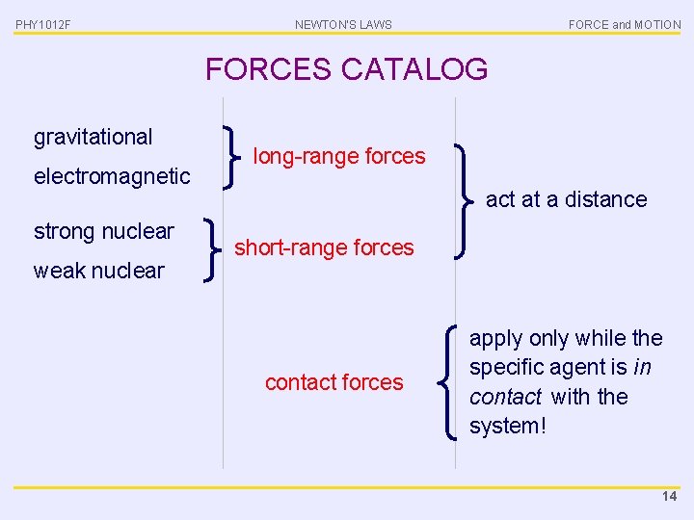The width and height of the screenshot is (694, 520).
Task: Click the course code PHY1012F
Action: (42, 25)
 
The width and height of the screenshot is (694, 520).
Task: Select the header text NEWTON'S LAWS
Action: (343, 25)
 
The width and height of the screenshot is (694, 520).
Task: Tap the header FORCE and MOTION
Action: (625, 25)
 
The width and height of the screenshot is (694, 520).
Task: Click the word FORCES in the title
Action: (268, 69)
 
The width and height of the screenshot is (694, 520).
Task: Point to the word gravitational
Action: (93, 137)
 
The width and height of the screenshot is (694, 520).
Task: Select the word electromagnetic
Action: (112, 176)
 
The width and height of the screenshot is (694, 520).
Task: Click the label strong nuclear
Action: (104, 231)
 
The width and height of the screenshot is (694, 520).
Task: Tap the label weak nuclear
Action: (99, 271)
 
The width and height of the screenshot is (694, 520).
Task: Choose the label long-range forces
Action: (338, 156)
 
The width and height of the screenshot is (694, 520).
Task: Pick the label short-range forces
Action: (324, 247)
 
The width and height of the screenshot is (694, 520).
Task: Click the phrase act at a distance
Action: (566, 199)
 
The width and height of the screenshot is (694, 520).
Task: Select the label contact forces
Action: (334, 382)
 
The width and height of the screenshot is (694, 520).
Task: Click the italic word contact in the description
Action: (505, 397)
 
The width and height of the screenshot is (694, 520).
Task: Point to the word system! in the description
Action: (508, 426)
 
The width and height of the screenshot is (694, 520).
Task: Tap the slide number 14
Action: (669, 497)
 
